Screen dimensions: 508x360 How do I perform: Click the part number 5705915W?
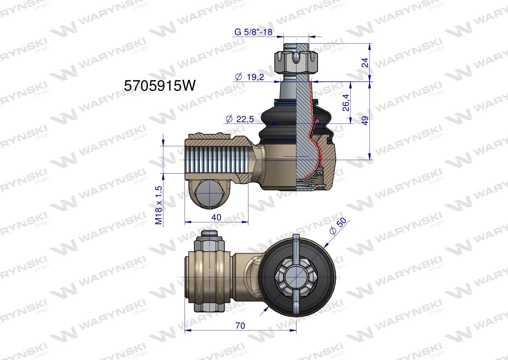tap(159, 86)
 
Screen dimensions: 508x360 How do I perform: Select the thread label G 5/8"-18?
tap(253, 32)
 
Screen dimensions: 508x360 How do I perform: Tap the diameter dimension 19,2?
tap(250, 77)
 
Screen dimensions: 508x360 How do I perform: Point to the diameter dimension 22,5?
tap(240, 119)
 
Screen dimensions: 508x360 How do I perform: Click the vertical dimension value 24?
tap(365, 63)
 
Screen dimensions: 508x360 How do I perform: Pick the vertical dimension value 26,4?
tap(346, 103)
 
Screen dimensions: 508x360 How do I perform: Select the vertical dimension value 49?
tap(365, 120)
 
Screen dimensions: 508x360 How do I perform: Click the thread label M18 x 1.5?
tap(159, 205)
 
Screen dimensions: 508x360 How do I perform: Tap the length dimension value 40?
tap(216, 217)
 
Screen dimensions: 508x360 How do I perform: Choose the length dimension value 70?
tap(240, 326)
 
